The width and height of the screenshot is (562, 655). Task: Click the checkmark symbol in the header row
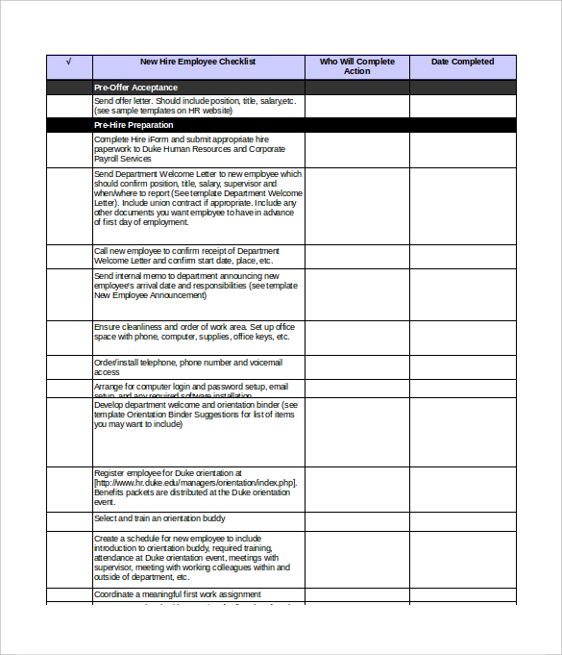coord(68,62)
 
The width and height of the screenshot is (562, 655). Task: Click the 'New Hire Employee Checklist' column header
coord(198,62)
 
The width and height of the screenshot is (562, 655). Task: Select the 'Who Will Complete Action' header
coord(356,66)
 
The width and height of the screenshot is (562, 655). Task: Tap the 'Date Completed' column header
coord(462,62)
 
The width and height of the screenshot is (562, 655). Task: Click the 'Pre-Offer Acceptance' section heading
coord(135,88)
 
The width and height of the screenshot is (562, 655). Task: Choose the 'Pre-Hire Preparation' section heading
coord(134,125)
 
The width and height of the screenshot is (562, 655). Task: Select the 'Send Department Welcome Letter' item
coord(198,198)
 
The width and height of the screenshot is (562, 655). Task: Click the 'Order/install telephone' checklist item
coord(188,367)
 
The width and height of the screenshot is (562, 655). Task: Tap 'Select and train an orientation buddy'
coord(160,519)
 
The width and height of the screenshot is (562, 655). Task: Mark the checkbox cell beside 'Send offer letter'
coord(69,106)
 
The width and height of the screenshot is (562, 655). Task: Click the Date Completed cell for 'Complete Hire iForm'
coord(462,149)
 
